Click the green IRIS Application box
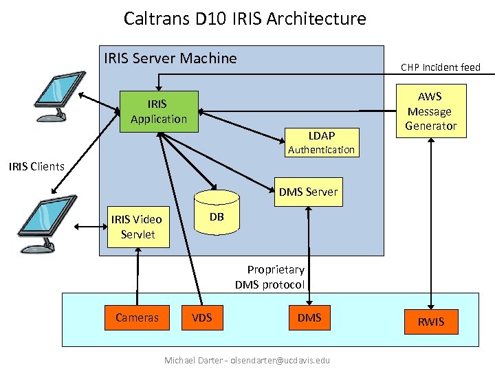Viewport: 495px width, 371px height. click(159, 111)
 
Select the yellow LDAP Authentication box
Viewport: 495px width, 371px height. click(321, 142)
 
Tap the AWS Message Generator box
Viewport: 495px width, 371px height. click(430, 111)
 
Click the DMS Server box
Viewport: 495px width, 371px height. click(308, 192)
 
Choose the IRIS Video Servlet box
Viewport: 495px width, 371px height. click(137, 227)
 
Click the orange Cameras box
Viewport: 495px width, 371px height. click(137, 317)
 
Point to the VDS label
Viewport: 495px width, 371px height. click(201, 317)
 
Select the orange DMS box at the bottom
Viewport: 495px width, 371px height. click(309, 317)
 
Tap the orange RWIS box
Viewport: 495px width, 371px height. click(431, 321)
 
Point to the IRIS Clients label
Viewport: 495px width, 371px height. click(36, 166)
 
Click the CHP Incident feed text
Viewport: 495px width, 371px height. click(440, 67)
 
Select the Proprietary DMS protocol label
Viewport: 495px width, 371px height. click(270, 277)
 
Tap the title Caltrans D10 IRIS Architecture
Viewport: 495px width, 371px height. click(245, 19)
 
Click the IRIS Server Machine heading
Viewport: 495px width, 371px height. click(170, 58)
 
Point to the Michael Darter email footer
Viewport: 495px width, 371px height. click(247, 360)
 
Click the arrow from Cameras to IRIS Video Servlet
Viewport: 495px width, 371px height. click(138, 275)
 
